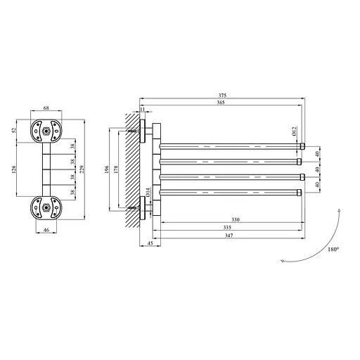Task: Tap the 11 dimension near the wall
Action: click(143, 110)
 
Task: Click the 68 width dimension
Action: click(46, 109)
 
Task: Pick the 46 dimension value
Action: click(46, 229)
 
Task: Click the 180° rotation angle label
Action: click(333, 249)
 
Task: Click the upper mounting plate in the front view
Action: click(46, 131)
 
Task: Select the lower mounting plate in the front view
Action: click(46, 207)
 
